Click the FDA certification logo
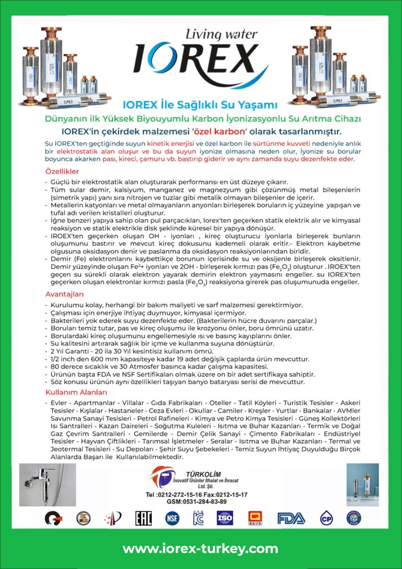290,518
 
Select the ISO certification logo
225,518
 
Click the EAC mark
144,518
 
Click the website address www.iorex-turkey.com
200,549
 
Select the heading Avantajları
64,294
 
